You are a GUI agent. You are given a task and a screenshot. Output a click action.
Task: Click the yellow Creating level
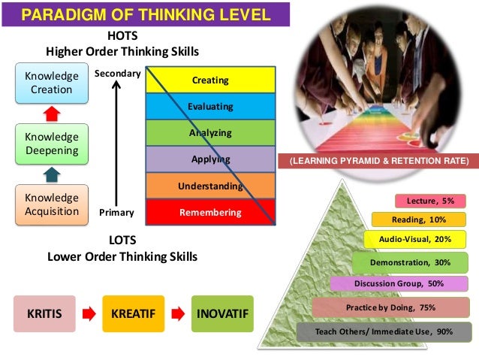click(209, 80)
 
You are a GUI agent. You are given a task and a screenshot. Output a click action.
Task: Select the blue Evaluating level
click(209, 107)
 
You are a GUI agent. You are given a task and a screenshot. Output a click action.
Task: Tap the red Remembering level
click(209, 213)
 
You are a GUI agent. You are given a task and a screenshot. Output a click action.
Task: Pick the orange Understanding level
click(209, 186)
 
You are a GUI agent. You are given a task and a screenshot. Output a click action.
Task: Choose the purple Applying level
click(209, 159)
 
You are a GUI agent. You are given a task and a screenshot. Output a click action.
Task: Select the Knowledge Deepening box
click(51, 144)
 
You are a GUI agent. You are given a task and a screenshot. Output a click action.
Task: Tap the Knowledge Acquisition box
click(51, 204)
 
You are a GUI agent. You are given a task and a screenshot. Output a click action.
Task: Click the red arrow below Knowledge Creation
click(50, 113)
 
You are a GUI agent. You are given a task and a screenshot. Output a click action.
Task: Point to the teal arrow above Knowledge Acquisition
click(50, 174)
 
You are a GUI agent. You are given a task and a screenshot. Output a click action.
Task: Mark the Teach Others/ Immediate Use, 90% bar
click(383, 331)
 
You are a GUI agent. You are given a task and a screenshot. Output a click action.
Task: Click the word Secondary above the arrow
click(117, 74)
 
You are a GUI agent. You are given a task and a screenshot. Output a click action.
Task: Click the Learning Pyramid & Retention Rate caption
click(377, 162)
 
